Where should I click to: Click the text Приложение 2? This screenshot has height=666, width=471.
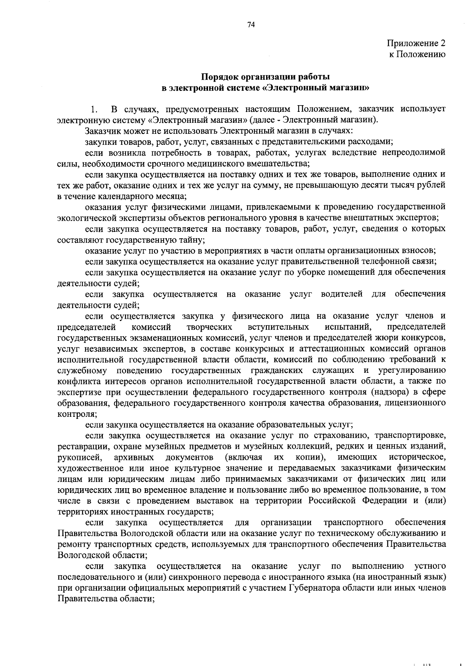(x=416, y=43)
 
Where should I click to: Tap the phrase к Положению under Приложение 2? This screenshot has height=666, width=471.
(x=417, y=54)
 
